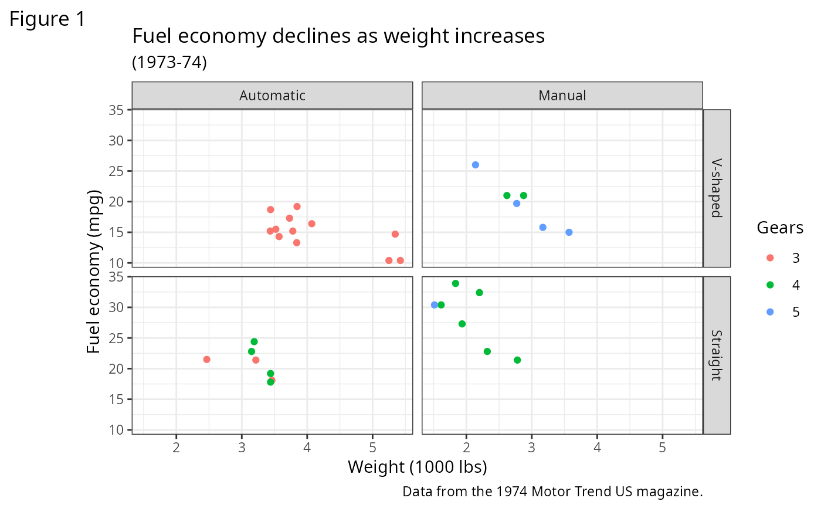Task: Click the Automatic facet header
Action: (x=272, y=95)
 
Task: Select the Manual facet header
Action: (x=562, y=95)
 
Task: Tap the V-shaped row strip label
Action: (x=716, y=188)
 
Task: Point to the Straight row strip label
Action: (x=716, y=355)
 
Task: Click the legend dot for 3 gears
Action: (x=770, y=258)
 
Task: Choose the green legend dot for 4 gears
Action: (x=770, y=285)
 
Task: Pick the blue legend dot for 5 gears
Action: (x=770, y=312)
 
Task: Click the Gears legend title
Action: (x=780, y=228)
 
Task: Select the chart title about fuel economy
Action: (x=338, y=36)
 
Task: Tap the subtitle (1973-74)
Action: (x=169, y=62)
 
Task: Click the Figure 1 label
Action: (x=48, y=19)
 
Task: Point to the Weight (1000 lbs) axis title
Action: (x=417, y=467)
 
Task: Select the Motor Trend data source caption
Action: (x=552, y=491)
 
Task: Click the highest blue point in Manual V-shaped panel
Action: (x=475, y=165)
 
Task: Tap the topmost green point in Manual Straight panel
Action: (x=455, y=283)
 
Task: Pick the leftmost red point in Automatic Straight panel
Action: (x=206, y=359)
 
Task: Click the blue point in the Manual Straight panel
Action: (x=434, y=305)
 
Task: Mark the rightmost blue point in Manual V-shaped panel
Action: (x=568, y=232)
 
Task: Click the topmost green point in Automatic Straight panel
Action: (x=254, y=341)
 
